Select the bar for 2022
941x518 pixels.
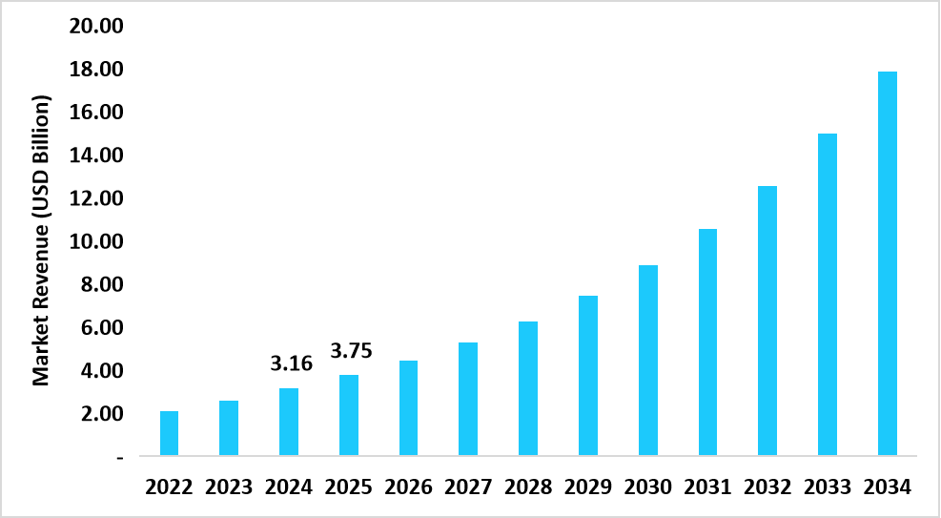point(169,433)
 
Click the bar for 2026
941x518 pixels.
point(408,407)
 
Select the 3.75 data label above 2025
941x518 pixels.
point(350,350)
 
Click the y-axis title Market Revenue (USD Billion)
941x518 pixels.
point(41,238)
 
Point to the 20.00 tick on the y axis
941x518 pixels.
point(96,26)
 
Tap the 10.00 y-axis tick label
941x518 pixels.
point(96,241)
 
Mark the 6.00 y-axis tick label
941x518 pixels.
point(101,327)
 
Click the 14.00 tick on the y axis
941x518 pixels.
point(96,155)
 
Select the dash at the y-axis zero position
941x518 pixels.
point(119,458)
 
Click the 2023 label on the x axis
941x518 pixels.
point(229,487)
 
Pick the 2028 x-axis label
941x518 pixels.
point(528,487)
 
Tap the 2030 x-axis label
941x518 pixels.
point(648,487)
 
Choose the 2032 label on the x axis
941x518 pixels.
point(767,487)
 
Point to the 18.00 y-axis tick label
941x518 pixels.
point(96,69)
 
